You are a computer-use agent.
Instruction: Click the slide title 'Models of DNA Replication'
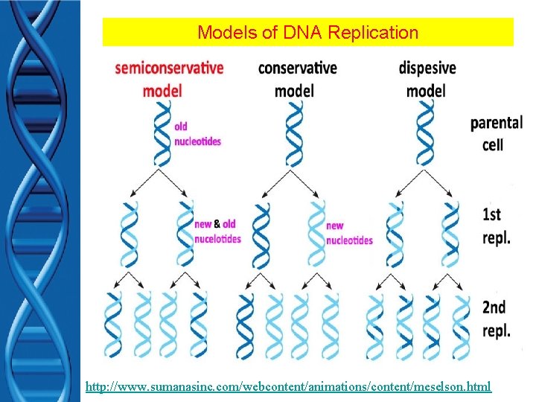[x=307, y=33]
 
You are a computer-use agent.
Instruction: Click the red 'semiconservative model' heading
[x=169, y=79]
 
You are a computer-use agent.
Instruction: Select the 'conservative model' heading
[x=297, y=79]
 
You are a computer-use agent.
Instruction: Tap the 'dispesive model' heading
[x=427, y=79]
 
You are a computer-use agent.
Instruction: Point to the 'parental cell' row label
[x=496, y=133]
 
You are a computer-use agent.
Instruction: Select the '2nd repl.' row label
[x=496, y=319]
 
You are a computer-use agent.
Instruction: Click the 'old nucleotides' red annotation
[x=197, y=134]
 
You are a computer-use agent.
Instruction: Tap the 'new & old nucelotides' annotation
[x=217, y=231]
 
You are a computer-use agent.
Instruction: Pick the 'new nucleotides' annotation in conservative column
[x=348, y=232]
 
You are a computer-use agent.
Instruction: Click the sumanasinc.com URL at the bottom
[x=288, y=386]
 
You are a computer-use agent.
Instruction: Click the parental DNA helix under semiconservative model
[x=162, y=134]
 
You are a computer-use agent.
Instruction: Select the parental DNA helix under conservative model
[x=295, y=134]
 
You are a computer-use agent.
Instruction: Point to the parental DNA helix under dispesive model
[x=426, y=134]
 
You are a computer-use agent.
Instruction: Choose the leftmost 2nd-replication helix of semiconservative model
[x=112, y=324]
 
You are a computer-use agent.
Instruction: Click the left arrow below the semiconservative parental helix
[x=144, y=183]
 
